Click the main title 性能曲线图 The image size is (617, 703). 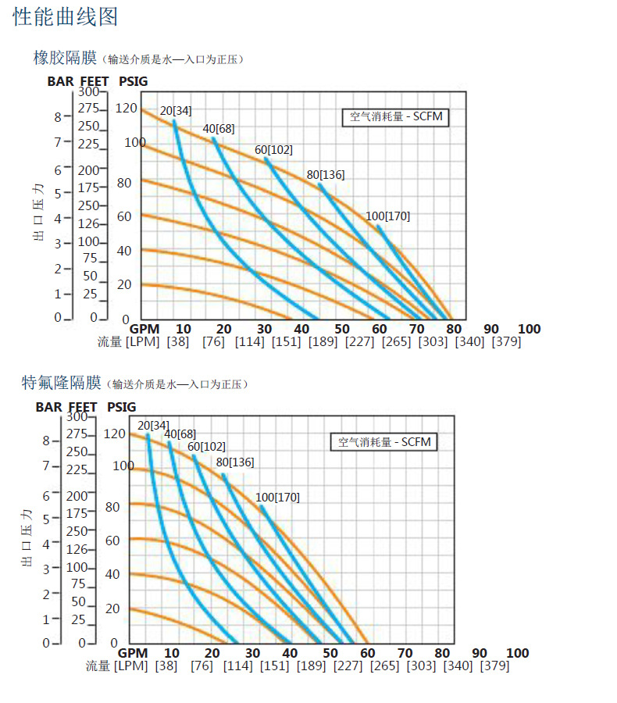point(66,16)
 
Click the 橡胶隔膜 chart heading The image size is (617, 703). point(64,58)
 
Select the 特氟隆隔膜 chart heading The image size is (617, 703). point(62,383)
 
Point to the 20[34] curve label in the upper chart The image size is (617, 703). point(176,111)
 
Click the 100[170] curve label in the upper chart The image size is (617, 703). point(387,216)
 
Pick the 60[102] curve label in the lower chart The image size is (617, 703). point(206,447)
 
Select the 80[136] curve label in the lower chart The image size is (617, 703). point(235,462)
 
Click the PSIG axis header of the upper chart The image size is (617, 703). point(133,80)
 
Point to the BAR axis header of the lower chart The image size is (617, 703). point(48,407)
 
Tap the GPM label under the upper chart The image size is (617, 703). point(144,329)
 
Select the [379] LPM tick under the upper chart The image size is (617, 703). point(506,342)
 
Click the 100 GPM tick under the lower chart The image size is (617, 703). point(518,653)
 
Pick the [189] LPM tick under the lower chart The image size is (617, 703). point(311,666)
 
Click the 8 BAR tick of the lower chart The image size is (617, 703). point(46,441)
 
